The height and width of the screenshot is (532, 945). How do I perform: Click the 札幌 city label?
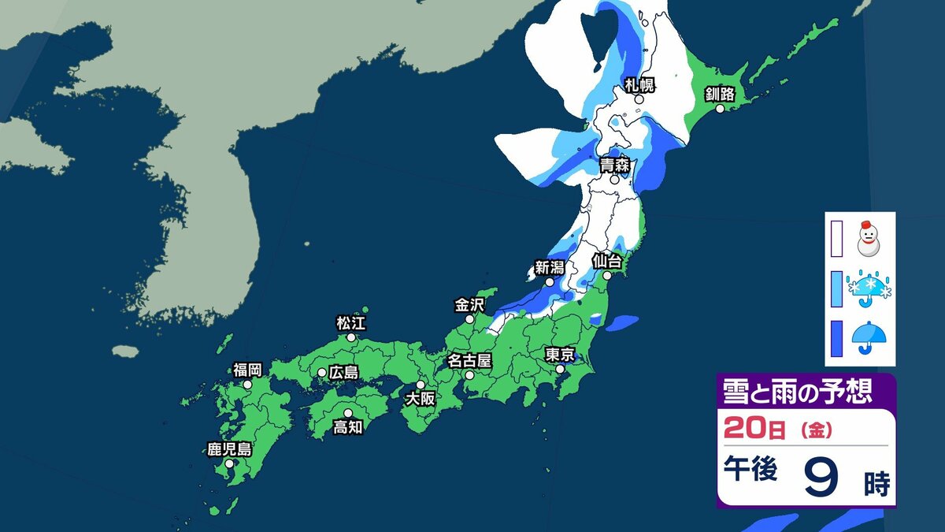[x=639, y=85]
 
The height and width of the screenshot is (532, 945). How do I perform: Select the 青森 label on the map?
[x=614, y=165]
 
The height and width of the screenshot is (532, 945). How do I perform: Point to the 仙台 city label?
[x=607, y=259]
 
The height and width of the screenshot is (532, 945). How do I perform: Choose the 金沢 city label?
[x=470, y=304]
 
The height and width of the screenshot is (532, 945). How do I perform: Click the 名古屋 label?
[x=469, y=361]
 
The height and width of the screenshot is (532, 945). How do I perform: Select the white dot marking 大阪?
[x=421, y=385]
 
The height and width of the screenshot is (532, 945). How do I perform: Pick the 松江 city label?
[x=351, y=322]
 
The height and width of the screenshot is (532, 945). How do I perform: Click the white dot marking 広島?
[x=322, y=372]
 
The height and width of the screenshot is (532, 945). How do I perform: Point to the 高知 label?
[x=348, y=426]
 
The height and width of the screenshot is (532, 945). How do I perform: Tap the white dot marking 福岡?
[x=247, y=385]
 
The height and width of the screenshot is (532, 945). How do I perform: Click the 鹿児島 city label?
[x=229, y=450]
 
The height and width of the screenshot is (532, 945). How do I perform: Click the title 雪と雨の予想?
[x=797, y=391]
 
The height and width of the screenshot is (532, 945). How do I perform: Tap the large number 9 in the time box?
[x=820, y=476]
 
